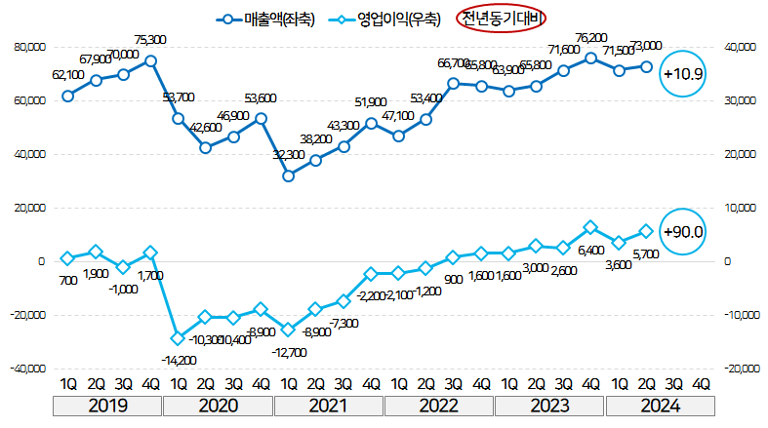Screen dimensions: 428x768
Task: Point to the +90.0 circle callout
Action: coord(682,232)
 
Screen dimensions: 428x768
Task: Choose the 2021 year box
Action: coord(329,406)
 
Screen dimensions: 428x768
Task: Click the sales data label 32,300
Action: coord(288,155)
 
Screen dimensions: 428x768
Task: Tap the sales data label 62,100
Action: coord(67,74)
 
